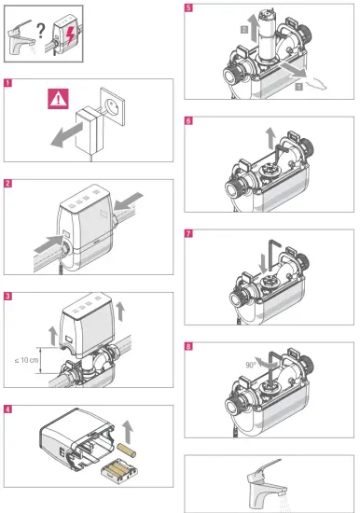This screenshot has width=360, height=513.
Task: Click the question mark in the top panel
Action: click(41, 31)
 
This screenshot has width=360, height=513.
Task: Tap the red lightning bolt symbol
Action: click(70, 35)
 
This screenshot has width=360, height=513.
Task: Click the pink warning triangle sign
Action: click(58, 99)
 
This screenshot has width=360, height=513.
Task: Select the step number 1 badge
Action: click(7, 83)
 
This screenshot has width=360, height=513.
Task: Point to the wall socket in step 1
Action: click(113, 106)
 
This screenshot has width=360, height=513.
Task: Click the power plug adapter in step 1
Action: click(89, 131)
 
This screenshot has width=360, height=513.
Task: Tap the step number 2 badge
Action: click(7, 183)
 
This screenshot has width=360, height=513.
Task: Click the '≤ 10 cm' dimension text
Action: click(26, 360)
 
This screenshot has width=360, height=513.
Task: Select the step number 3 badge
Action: click(7, 297)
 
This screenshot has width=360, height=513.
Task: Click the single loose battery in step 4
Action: click(127, 451)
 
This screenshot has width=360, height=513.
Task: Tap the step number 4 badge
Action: click(7, 409)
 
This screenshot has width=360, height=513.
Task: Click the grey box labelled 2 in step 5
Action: click(244, 30)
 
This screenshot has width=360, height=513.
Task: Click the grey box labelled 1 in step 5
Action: click(298, 87)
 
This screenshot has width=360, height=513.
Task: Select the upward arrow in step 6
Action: click(270, 137)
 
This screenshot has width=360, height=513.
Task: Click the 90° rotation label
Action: click(251, 365)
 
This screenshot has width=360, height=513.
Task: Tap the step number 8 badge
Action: click(188, 346)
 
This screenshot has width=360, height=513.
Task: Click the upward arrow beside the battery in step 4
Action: click(128, 432)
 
